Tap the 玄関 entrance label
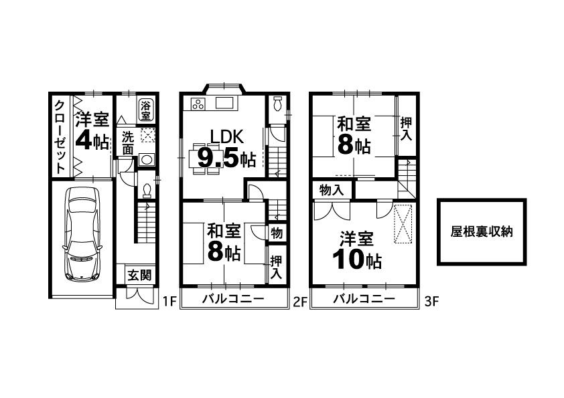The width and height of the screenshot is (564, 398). click(139, 275)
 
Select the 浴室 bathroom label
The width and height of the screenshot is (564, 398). click(145, 110)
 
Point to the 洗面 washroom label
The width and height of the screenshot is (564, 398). click(127, 142)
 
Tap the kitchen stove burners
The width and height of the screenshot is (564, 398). click(198, 104)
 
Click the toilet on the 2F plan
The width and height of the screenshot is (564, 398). click(278, 105)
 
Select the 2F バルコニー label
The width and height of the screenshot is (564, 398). click(233, 299)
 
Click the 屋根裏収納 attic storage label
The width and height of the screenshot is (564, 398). click(482, 232)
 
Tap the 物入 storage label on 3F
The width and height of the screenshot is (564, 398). click(332, 191)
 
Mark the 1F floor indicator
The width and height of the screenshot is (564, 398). click(169, 302)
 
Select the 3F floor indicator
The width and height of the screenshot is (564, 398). click(431, 302)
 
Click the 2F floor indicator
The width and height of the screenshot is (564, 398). click(299, 302)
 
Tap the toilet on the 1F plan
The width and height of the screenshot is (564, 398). click(146, 191)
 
